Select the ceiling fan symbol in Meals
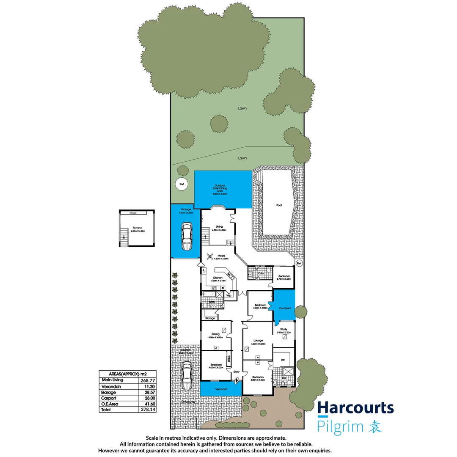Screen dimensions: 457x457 click(x=210, y=256)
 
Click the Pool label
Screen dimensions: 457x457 click(x=279, y=205)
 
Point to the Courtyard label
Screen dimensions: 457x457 click(x=284, y=308)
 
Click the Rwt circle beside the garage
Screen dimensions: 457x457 click(x=182, y=184)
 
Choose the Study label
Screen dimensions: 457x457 click(x=284, y=329)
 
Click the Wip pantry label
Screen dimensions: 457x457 click(x=228, y=295)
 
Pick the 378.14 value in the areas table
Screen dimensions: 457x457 click(x=144, y=410)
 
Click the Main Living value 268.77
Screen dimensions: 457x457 click(x=144, y=380)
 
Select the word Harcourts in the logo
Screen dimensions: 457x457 click(x=355, y=408)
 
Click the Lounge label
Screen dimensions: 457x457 click(x=258, y=340)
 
